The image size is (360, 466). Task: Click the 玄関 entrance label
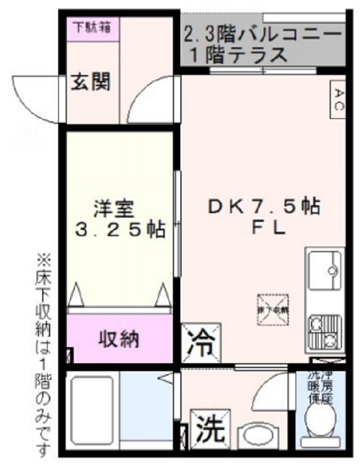(x=89, y=82)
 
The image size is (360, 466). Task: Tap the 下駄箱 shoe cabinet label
(x=92, y=27)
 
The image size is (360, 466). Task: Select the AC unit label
(x=338, y=99)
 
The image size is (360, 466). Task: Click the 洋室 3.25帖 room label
(x=119, y=219)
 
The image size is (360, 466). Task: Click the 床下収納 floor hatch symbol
(x=273, y=307)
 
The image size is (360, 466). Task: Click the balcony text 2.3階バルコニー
(x=263, y=33)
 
